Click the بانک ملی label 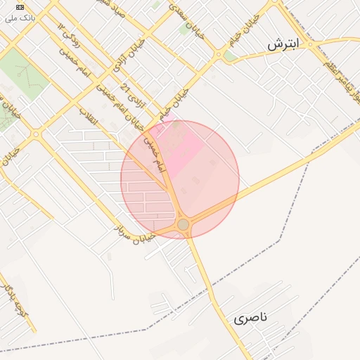pos(19,16)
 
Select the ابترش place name pos(283,44)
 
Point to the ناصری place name pos(251,318)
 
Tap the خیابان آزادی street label pos(121,56)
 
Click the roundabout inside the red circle pos(183,224)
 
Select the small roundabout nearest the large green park pos(35,134)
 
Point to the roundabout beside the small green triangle pos(219,54)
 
